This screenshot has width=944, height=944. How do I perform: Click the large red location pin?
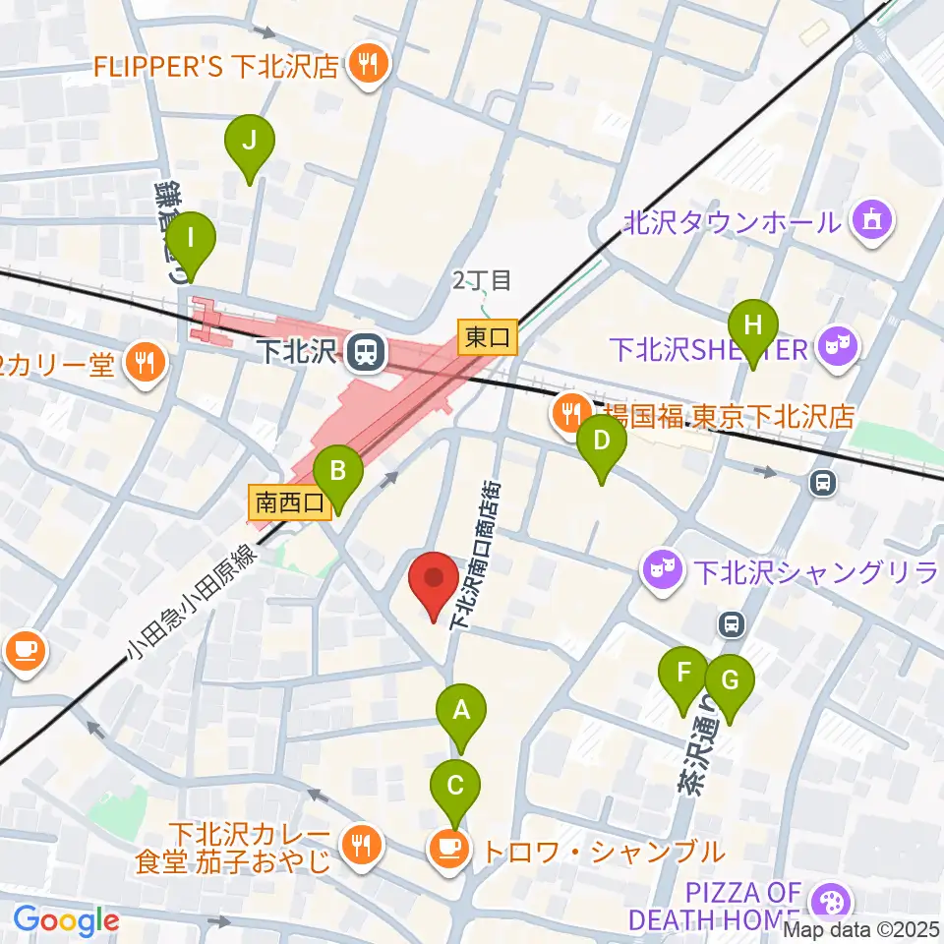click(x=434, y=579)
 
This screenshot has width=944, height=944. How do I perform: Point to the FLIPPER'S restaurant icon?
click(x=370, y=66)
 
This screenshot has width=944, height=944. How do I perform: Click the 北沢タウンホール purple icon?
click(x=872, y=219)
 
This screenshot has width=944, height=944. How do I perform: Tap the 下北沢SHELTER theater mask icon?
click(x=839, y=347)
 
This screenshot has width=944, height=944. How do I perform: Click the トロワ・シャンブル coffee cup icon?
click(x=448, y=847)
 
